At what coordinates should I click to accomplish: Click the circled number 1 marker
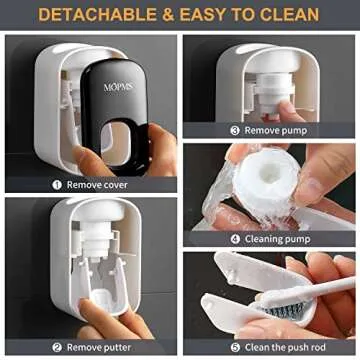coord(57,183)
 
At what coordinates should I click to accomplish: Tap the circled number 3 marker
coord(236,129)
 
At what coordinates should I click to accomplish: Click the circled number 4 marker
coord(236,238)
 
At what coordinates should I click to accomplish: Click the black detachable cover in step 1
coord(125,105)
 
